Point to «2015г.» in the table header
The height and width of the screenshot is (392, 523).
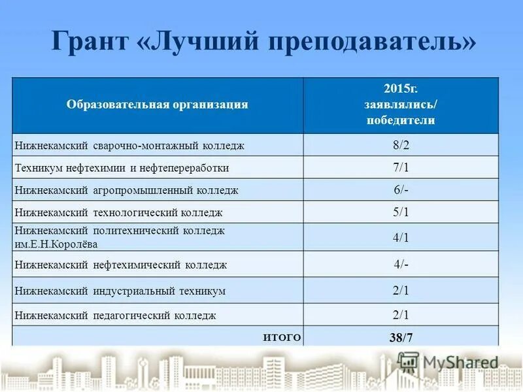point(401,88)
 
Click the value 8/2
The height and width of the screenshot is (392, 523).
point(401,145)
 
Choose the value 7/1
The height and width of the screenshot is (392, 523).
point(401,167)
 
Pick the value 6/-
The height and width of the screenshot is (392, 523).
point(401,189)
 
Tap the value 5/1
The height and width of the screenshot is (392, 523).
point(401,212)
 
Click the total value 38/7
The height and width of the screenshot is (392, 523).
point(401,338)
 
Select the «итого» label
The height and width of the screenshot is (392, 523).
point(282,337)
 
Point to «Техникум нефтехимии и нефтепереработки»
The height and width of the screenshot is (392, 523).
point(122,168)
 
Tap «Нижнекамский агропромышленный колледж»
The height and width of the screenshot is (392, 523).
point(126,190)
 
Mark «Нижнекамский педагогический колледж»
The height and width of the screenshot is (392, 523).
point(115,316)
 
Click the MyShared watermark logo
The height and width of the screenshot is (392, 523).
point(448,362)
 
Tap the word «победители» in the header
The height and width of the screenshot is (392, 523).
point(401,120)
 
